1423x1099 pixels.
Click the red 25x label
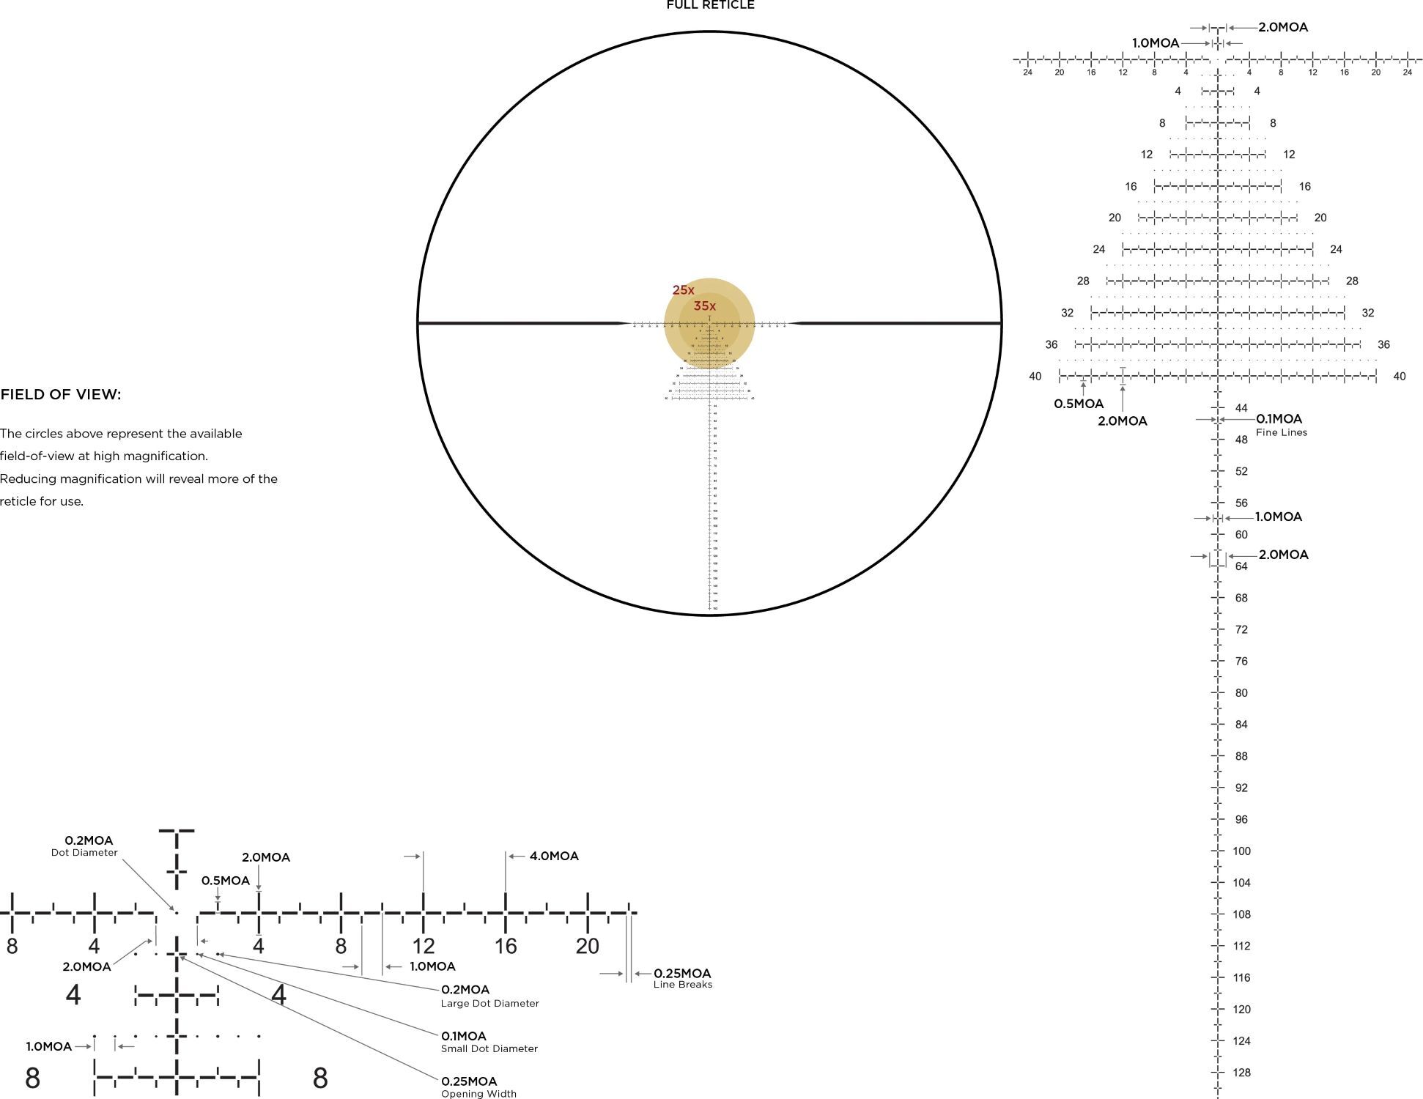(x=683, y=290)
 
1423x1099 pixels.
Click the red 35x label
(x=704, y=306)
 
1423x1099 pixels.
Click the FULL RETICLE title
(x=710, y=5)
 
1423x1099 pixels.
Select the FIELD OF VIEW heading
(x=61, y=395)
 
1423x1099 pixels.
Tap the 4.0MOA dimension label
(x=554, y=856)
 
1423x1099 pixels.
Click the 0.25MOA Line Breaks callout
(x=682, y=978)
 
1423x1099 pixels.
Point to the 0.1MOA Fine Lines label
(x=1280, y=424)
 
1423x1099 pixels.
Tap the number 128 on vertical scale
(x=1241, y=1073)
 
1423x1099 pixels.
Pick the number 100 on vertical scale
(x=1241, y=851)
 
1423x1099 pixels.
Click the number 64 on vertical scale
(x=1241, y=566)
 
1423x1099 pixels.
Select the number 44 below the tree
(x=1241, y=408)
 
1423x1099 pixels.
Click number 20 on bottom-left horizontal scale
(x=587, y=947)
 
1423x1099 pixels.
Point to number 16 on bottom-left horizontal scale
(x=506, y=947)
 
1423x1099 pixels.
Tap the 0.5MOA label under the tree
(x=1078, y=404)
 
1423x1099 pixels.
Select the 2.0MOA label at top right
(x=1283, y=27)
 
